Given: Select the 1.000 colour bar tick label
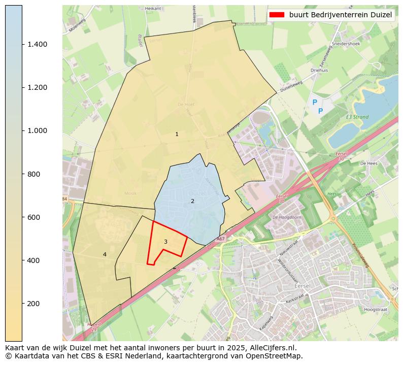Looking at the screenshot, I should point(38,130).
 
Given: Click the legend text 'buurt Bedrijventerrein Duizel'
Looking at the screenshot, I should point(341,15).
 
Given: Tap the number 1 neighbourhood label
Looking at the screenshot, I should point(177,135).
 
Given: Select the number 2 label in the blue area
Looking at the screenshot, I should point(192,201).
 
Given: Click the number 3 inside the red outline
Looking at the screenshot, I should point(165,242).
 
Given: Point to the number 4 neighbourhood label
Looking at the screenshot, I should point(105,254).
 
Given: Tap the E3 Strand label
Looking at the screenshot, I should point(357,117).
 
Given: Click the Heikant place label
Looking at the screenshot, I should point(153,9).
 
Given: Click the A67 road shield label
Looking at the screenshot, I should point(220,239).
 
